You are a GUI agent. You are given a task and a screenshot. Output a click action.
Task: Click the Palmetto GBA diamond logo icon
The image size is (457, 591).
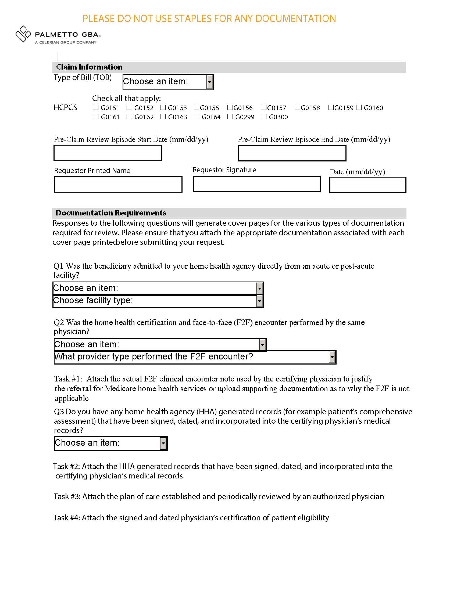[x=23, y=34]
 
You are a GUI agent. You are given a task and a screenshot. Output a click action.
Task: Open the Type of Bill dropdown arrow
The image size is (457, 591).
[x=210, y=82]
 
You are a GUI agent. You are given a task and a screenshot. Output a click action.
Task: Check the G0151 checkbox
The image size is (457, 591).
[x=96, y=107]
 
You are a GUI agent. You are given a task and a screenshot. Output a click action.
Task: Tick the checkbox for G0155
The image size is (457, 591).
[x=197, y=107]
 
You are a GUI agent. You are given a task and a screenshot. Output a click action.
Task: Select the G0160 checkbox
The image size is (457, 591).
[x=359, y=107]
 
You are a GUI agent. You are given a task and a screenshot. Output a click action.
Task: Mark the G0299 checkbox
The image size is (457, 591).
[x=230, y=117]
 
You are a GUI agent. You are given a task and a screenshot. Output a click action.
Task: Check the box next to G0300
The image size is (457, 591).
[x=264, y=117]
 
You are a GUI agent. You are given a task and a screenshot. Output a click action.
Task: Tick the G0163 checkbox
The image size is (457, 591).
[x=163, y=117]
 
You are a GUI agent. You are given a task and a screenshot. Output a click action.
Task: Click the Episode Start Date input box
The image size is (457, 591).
[x=108, y=153]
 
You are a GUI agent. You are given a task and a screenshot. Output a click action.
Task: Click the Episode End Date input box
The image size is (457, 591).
[x=292, y=153]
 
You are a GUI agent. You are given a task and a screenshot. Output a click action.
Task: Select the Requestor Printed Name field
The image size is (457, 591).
[x=118, y=185]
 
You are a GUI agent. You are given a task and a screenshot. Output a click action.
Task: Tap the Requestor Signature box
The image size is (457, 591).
[x=257, y=184]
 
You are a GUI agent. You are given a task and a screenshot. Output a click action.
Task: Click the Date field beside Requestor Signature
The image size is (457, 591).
[x=368, y=185]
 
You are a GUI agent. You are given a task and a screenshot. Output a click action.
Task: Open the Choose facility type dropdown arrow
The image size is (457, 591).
[x=259, y=301]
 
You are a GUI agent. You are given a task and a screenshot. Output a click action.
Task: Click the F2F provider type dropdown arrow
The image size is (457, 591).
[x=332, y=357]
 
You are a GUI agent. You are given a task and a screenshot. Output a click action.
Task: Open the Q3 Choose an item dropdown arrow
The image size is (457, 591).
[x=163, y=444]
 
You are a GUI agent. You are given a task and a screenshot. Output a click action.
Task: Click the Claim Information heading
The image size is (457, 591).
[x=89, y=67]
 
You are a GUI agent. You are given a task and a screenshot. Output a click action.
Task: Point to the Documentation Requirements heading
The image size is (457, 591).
[x=111, y=213]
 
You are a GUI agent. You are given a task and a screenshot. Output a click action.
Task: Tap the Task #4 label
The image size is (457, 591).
[x=66, y=518]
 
